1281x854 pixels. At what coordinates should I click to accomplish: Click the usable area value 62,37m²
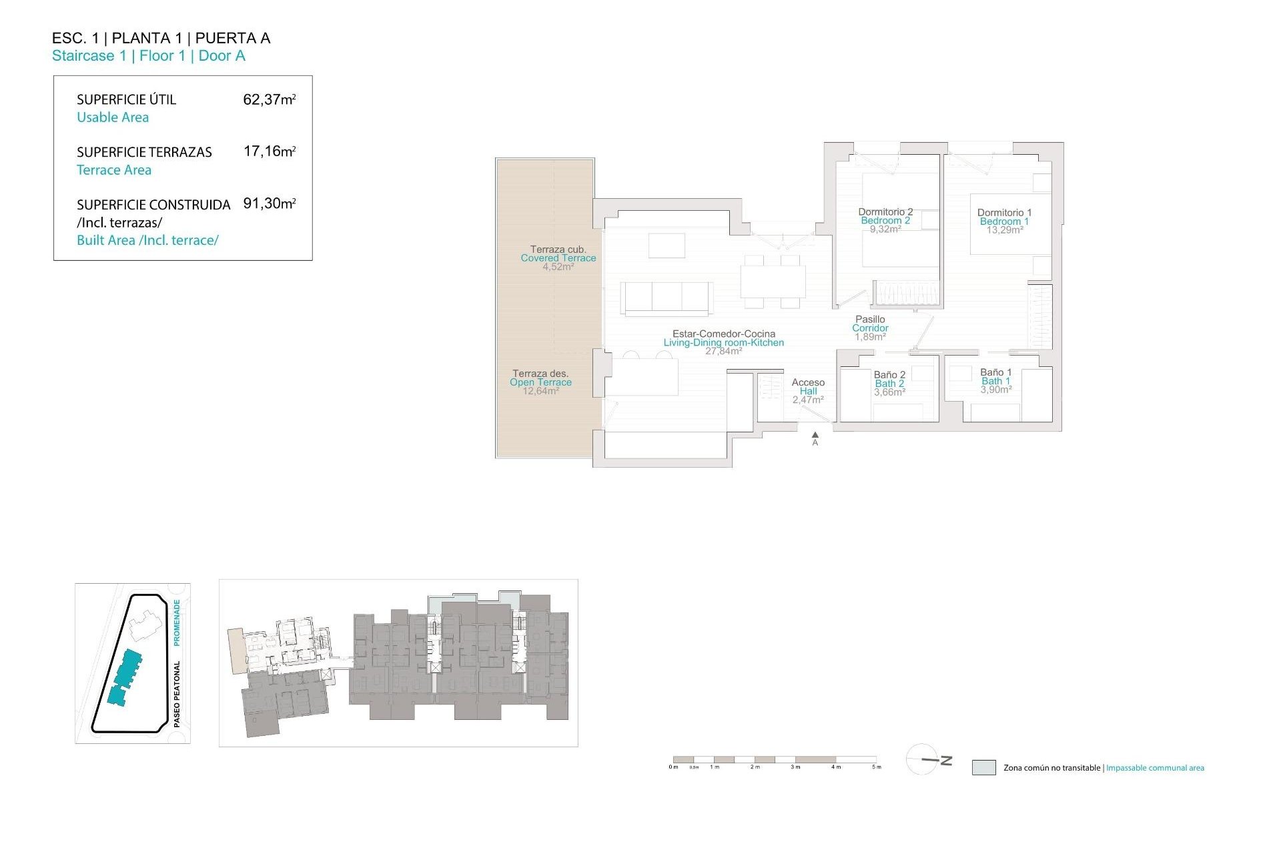[269, 99]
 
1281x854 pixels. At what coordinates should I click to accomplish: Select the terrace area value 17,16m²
[269, 151]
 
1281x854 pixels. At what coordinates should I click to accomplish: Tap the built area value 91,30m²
[269, 203]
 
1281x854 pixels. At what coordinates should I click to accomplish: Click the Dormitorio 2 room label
[885, 212]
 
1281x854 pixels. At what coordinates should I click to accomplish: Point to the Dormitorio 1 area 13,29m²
[1005, 230]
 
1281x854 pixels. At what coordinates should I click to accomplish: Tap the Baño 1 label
[995, 372]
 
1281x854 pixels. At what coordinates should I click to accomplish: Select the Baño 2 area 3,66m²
[889, 392]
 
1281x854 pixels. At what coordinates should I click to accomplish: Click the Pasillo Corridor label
[870, 324]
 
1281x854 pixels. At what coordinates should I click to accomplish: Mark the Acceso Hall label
[808, 386]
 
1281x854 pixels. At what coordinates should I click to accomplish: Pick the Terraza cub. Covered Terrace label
[558, 254]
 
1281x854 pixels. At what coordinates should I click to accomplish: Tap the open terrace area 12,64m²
[540, 391]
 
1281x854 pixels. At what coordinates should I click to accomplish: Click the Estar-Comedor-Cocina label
[723, 334]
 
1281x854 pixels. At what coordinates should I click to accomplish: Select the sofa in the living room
[667, 298]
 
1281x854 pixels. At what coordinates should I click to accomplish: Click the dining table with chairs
[773, 281]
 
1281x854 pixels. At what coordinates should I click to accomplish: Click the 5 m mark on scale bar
[877, 767]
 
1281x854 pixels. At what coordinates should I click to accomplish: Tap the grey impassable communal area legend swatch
[983, 767]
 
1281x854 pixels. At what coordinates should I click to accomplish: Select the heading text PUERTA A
[233, 38]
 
